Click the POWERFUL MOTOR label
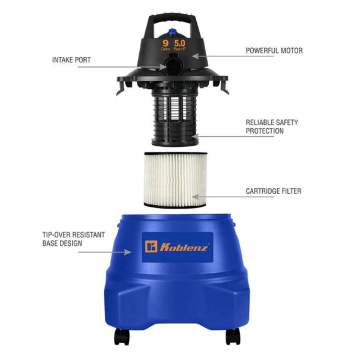(274, 51)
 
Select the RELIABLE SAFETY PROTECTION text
(272, 127)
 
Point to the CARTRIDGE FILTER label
(273, 191)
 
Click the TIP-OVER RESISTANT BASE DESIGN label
(71, 239)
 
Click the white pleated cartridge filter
(173, 179)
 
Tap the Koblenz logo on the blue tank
(178, 246)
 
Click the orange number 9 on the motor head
(166, 44)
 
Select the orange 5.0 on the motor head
(179, 44)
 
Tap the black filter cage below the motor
(173, 117)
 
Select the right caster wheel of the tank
(232, 336)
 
